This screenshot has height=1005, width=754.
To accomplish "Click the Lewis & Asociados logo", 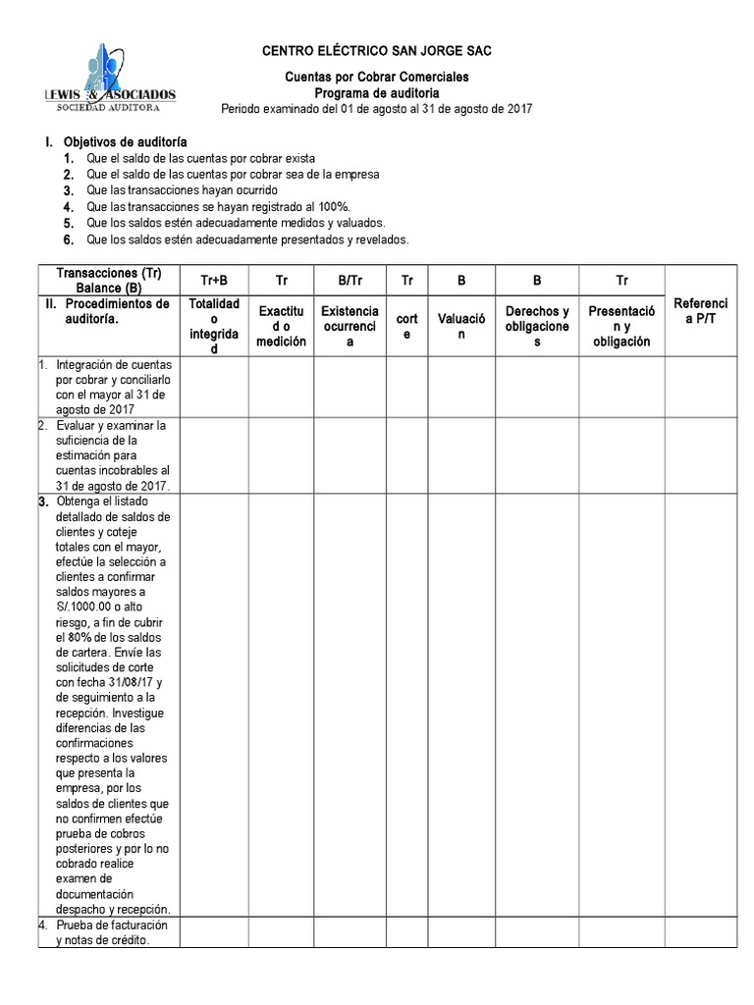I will [111, 78].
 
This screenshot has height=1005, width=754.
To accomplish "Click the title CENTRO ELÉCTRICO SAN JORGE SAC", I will [376, 50].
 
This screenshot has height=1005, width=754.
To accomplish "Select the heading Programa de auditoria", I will [376, 93].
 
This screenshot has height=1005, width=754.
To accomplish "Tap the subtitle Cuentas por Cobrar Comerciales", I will [376, 77].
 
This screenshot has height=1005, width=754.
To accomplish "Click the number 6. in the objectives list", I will [69, 239].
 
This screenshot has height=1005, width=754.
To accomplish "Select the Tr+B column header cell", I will [214, 280].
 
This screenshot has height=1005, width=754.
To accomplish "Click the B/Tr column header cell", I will [350, 280].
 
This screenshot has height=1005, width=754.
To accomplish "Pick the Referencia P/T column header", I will [701, 311].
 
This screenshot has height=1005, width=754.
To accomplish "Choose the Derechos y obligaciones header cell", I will [537, 326].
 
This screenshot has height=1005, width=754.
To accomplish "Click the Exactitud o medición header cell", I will [282, 326].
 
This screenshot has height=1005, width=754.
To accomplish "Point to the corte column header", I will [406, 326].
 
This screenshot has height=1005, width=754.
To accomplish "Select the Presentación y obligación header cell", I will [622, 326].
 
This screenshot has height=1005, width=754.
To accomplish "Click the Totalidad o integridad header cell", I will [214, 326].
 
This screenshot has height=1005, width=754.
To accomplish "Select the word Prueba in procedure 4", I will [76, 926].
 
